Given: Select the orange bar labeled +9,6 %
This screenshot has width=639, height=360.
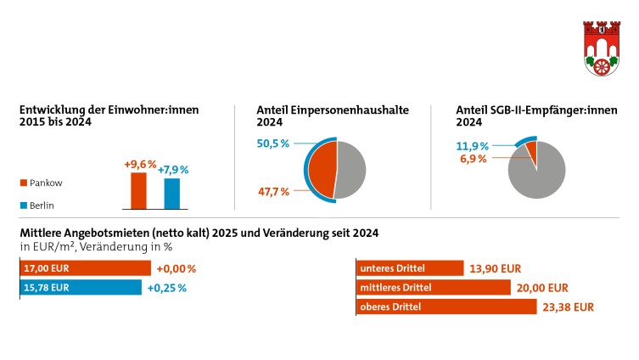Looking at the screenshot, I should tap(137, 191).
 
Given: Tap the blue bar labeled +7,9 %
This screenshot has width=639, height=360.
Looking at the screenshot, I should tap(172, 194).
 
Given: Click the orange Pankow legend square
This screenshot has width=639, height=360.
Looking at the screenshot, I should tap(24, 183).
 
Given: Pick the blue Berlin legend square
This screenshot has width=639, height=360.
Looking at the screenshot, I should tap(24, 205).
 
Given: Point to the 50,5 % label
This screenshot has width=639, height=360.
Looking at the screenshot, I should tap(273, 144).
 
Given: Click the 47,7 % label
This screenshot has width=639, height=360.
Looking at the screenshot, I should tap(273, 192).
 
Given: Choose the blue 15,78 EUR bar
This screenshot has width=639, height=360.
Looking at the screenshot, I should tap(80, 288).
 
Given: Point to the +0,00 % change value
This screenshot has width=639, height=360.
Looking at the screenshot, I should tap(176, 269).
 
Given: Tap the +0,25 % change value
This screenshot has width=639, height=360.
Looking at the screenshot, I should tap(166, 288).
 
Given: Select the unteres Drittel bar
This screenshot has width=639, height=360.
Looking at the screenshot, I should tap(410, 268).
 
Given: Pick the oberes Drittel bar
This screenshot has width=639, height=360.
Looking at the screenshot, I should tap(446, 307).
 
